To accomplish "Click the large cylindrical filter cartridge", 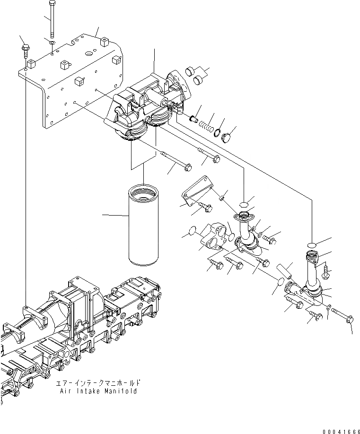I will point(144,223).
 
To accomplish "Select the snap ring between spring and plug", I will point(218,133).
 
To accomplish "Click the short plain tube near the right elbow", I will point(285,273).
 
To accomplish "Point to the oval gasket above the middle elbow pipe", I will point(244,204).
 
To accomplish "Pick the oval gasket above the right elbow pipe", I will point(311,244).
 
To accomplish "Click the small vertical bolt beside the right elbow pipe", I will point(326,271).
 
